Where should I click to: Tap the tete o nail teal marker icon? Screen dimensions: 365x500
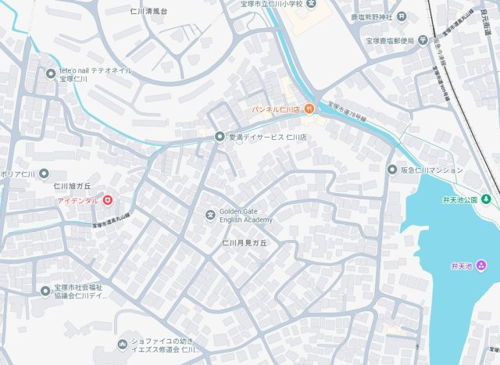pos(51,74)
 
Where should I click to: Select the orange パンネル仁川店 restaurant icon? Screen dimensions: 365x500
pos(309,108)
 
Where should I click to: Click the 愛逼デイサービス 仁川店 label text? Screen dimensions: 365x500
pos(267,137)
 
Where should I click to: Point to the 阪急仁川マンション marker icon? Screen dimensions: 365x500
pos(392,170)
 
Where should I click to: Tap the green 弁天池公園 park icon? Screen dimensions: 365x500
pos(486,199)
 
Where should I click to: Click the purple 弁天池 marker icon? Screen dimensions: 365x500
pos(480,266)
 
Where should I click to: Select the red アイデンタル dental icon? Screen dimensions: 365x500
pos(107,201)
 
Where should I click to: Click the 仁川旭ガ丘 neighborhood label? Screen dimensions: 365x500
pos(73,186)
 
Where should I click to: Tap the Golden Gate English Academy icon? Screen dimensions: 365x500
pos(209,215)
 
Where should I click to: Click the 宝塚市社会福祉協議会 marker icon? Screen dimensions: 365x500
pos(45,291)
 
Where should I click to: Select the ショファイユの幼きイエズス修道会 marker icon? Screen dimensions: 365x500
pos(122,344)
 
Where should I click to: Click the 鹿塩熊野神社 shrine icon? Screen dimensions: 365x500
pos(402,16)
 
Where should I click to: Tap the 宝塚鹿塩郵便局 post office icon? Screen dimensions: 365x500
pos(423,40)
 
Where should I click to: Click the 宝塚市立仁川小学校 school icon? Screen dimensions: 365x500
pos(311,4)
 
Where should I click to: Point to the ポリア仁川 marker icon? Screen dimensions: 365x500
pos(44,174)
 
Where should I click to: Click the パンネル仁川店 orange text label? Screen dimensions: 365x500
pos(276,109)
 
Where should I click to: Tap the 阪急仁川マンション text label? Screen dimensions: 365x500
pos(432,170)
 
